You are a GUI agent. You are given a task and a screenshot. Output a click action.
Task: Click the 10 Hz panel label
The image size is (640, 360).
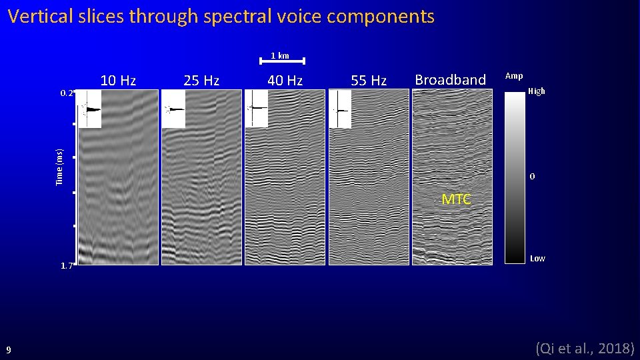tap(118, 81)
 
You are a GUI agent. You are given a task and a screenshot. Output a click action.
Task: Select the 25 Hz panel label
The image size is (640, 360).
tap(201, 81)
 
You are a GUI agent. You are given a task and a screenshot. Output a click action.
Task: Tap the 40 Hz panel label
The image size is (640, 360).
tap(285, 81)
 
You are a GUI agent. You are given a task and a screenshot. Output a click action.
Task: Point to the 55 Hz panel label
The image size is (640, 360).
tap(369, 81)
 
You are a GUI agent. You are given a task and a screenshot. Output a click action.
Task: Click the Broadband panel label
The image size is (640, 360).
tap(450, 80)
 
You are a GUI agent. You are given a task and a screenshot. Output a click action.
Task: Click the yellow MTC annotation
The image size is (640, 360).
tap(457, 199)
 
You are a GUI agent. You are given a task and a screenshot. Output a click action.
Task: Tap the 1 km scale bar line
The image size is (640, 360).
tap(282, 62)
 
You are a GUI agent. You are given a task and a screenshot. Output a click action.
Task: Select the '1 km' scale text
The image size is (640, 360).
tap(280, 55)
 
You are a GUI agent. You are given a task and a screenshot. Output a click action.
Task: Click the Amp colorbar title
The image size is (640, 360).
tap(514, 76)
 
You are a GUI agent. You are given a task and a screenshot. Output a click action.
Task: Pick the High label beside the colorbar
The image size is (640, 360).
tap(536, 91)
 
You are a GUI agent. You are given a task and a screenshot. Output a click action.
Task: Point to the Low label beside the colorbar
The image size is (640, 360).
tap(537, 259)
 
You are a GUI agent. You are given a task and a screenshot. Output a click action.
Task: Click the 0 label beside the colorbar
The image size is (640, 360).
tap(532, 177)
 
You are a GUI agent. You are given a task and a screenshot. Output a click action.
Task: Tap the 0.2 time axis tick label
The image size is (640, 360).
tap(66, 93)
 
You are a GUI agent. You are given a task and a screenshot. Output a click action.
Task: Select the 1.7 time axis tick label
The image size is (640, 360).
tap(66, 266)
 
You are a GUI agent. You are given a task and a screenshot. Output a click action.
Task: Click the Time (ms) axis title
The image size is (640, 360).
tap(59, 167)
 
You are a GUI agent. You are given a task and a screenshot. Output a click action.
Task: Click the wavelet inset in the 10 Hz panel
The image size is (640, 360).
tap(90, 109)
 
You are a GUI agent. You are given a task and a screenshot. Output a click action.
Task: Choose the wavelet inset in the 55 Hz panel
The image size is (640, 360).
tap(341, 109)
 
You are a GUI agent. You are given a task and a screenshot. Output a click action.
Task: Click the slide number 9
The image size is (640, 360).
tap(9, 349)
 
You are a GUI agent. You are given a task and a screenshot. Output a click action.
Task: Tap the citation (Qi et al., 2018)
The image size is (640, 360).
tap(585, 347)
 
